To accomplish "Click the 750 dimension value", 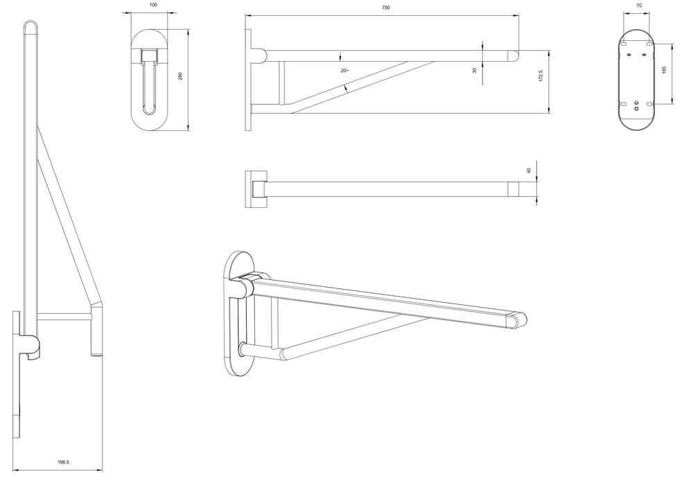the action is coord(385,8).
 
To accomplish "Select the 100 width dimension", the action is coord(153,6).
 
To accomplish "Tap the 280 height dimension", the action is coord(180,76).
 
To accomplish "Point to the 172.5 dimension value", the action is coord(541,76).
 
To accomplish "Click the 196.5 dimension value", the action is coord(63,462).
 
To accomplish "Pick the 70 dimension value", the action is coord(639,6).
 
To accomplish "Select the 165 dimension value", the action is coord(665,69).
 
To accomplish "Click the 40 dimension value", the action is coord(529,170).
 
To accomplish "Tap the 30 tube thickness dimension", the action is coord(475,70).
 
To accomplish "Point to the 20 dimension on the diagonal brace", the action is coord(344,71).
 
